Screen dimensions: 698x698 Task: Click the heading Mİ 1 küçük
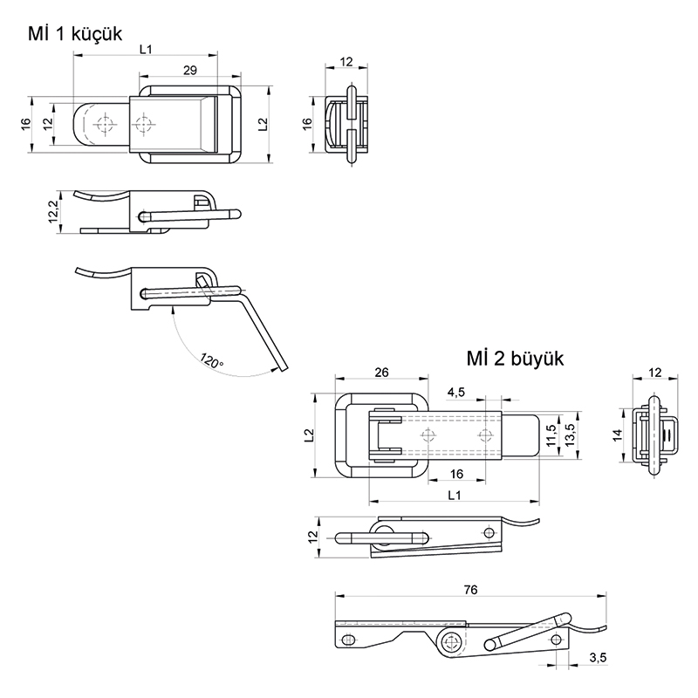point(74,34)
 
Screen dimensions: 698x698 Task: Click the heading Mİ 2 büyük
point(517,359)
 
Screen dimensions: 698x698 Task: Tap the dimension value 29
point(189,70)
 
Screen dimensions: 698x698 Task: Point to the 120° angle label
point(211,360)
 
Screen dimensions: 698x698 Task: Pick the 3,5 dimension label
point(598,657)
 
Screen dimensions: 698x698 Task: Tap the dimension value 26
point(381,372)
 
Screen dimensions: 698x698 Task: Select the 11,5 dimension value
point(551,435)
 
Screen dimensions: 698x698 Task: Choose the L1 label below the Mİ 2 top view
point(454,496)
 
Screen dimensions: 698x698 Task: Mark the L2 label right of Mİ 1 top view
point(262,124)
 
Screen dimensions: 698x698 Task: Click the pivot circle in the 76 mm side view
point(451,644)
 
